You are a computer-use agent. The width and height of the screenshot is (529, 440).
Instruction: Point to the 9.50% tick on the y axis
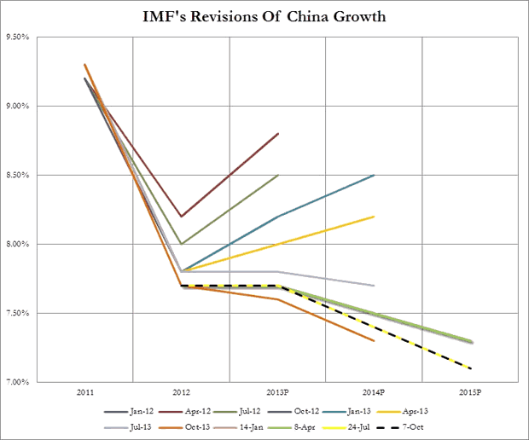coord(43,37)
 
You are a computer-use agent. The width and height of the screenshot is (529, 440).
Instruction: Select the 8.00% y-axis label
coord(43,244)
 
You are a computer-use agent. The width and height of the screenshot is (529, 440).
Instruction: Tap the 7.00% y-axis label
coord(43,381)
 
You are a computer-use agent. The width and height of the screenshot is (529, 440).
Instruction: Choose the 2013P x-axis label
coord(278,394)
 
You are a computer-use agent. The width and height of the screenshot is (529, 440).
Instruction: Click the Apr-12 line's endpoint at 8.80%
coord(278,133)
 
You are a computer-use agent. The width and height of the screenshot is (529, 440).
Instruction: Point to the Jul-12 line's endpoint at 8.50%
coord(278,175)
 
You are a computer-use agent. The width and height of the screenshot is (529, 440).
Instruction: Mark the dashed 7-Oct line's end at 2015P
coord(472,368)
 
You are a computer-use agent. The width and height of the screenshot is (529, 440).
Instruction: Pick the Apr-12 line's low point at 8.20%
coord(181,217)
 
